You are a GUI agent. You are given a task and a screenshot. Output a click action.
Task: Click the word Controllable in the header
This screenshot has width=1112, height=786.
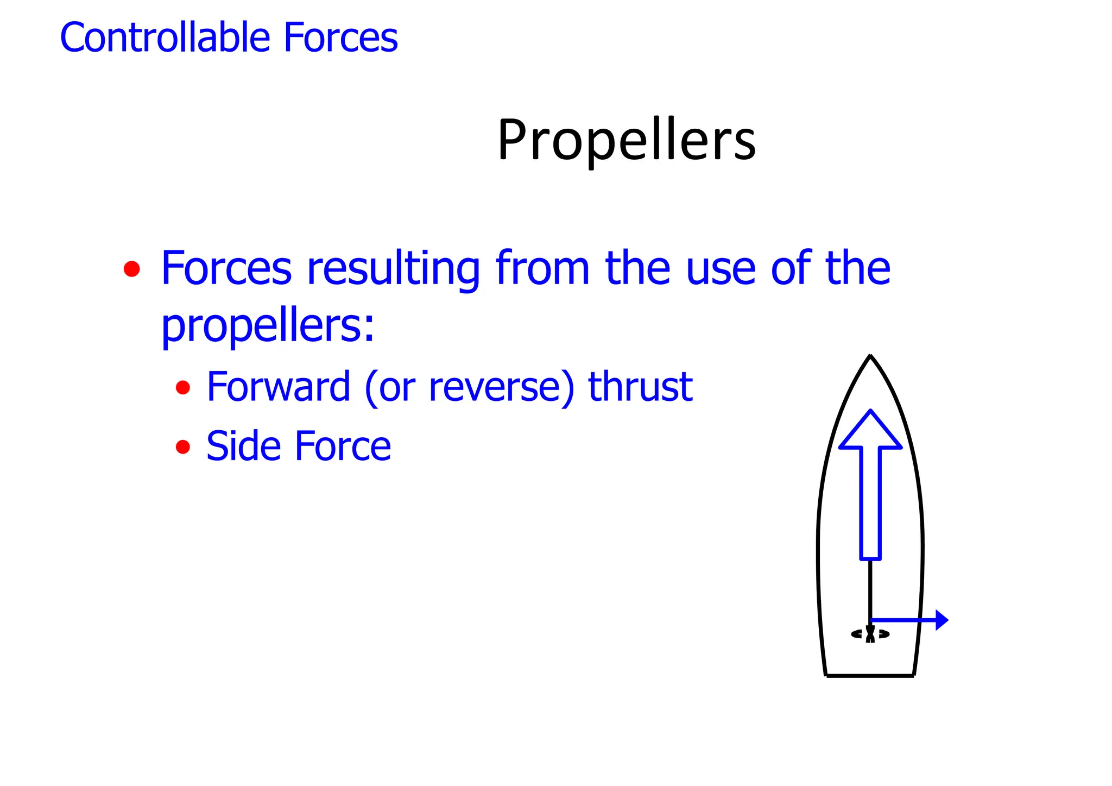tap(165, 37)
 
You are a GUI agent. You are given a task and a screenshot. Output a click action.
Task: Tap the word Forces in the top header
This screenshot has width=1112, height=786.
tap(340, 37)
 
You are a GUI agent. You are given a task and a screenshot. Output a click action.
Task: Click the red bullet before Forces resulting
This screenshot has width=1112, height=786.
tap(131, 269)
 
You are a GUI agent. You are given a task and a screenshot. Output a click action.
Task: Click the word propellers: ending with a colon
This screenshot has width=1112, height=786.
tap(268, 327)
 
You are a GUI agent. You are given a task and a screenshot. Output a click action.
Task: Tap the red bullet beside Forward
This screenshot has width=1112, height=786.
tap(183, 388)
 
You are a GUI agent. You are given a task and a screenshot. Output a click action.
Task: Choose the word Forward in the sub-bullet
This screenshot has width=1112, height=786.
tap(279, 387)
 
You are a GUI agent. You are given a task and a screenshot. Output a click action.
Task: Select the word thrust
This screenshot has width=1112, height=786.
tap(640, 387)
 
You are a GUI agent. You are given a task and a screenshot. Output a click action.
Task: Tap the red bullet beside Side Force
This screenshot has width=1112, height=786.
tap(183, 447)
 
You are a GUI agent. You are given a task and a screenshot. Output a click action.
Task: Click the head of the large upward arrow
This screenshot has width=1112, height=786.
tap(870, 432)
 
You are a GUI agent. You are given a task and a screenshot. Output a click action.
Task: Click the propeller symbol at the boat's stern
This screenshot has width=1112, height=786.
tap(870, 634)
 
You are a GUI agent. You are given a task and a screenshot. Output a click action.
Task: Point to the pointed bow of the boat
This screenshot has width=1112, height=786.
tap(870, 359)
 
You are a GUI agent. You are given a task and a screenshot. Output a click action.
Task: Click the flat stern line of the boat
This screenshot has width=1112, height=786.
tap(870, 675)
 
